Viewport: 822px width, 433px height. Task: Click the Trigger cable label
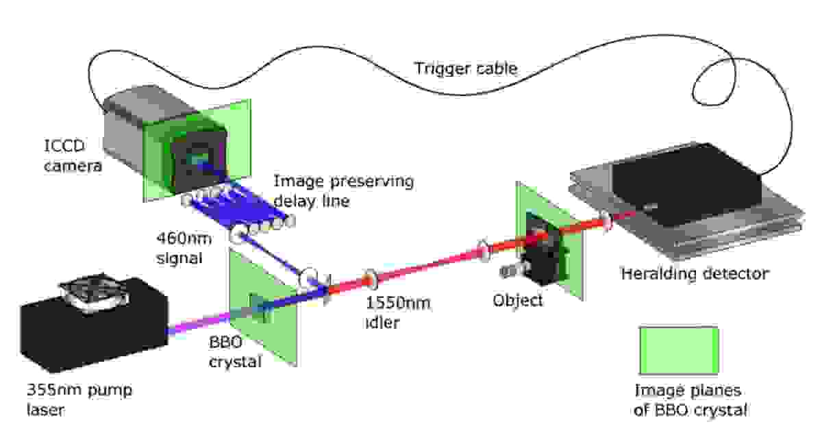466,69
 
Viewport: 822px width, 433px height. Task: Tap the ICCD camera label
73,156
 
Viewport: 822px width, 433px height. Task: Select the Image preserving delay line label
344,191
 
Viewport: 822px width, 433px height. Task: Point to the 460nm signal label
184,249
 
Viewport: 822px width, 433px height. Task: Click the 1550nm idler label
398,312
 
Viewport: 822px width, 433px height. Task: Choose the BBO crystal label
235,352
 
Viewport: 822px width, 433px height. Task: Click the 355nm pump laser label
79,400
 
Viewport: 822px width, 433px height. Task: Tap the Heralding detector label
695,274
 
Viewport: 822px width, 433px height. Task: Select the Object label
517,301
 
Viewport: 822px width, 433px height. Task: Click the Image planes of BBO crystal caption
690,400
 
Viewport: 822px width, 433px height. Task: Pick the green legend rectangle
679,350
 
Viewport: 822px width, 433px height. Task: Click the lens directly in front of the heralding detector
606,221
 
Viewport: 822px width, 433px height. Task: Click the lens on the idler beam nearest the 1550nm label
370,280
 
